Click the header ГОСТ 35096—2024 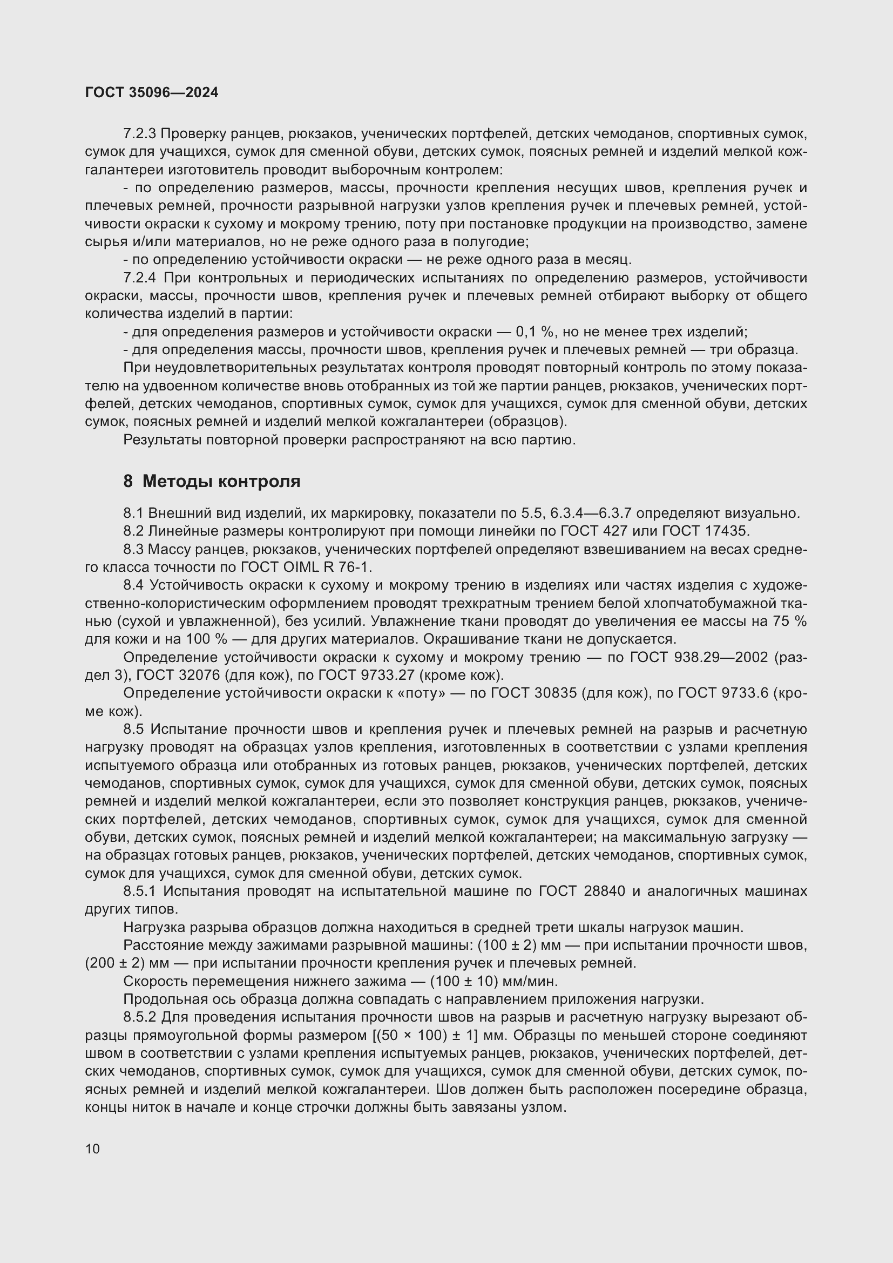[152, 92]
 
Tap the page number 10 [92, 1149]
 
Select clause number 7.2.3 [140, 134]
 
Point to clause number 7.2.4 [140, 278]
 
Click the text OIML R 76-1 [333, 566]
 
